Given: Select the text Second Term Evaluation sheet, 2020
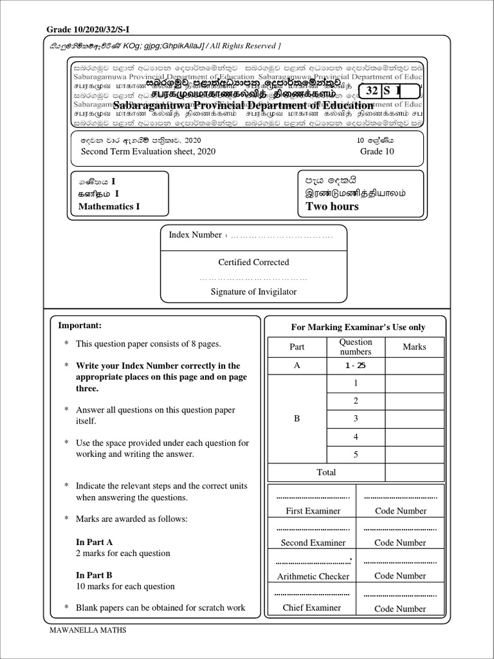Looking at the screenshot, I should point(148,152).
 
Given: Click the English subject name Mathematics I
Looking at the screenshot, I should point(109,207).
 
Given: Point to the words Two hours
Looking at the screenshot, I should point(332,207).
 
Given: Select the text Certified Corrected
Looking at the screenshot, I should point(253,263).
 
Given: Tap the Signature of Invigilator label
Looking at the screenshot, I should point(253,292).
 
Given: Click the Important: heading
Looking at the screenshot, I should point(80,326).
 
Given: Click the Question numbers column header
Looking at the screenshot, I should point(356,347).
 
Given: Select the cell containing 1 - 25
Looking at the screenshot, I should point(356,366).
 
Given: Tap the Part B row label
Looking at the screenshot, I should point(297,419).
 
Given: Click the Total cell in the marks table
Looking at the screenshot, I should point(326,472).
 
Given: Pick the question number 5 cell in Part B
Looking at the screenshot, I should point(356,454).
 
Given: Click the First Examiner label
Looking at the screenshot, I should point(313,511).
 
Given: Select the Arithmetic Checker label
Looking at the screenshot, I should point(313,577).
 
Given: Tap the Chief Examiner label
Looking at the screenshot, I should point(313,608).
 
